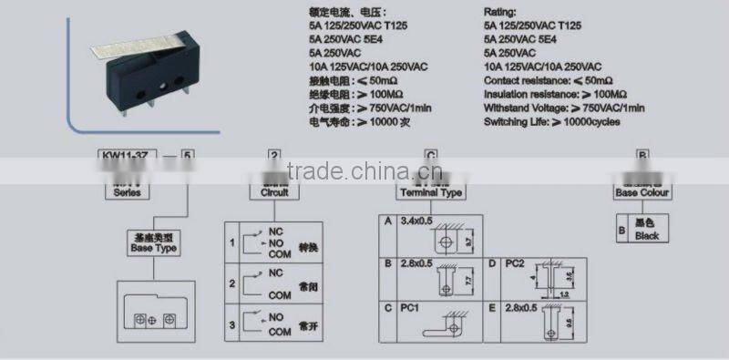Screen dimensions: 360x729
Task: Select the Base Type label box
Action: coord(152,243)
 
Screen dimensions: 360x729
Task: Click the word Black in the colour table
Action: coord(647,236)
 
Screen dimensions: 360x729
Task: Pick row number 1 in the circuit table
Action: coord(232,243)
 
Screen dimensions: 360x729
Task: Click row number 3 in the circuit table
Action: coord(232,324)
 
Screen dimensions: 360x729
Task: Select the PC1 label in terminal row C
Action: coord(409,309)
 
